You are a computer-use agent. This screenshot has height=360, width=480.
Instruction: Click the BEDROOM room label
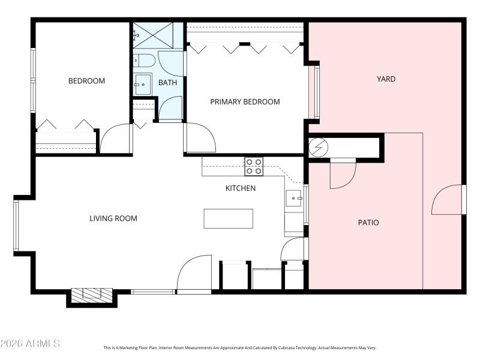point(86,81)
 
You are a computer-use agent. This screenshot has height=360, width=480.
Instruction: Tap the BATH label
point(167,82)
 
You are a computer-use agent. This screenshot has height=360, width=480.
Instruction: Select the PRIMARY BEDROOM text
point(245,101)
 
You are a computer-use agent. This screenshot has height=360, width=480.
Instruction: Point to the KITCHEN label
point(240,188)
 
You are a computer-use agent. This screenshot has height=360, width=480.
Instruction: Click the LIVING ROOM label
point(113,218)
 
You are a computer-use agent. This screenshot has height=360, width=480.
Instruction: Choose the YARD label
point(386,79)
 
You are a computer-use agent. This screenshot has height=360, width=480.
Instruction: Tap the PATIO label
point(368,222)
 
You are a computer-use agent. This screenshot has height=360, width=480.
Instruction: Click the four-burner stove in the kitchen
point(253,166)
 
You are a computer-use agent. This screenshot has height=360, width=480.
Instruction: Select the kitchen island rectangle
point(228,218)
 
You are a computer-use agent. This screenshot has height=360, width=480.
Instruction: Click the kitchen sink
point(293,198)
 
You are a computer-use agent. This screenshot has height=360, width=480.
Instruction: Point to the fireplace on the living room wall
point(92,294)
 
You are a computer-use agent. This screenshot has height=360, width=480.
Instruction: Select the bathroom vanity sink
point(142,85)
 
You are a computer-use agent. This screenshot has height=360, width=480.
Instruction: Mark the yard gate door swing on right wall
point(447,200)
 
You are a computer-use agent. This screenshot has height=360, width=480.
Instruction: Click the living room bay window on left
point(16,225)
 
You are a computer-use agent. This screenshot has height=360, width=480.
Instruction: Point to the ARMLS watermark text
point(30,343)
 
